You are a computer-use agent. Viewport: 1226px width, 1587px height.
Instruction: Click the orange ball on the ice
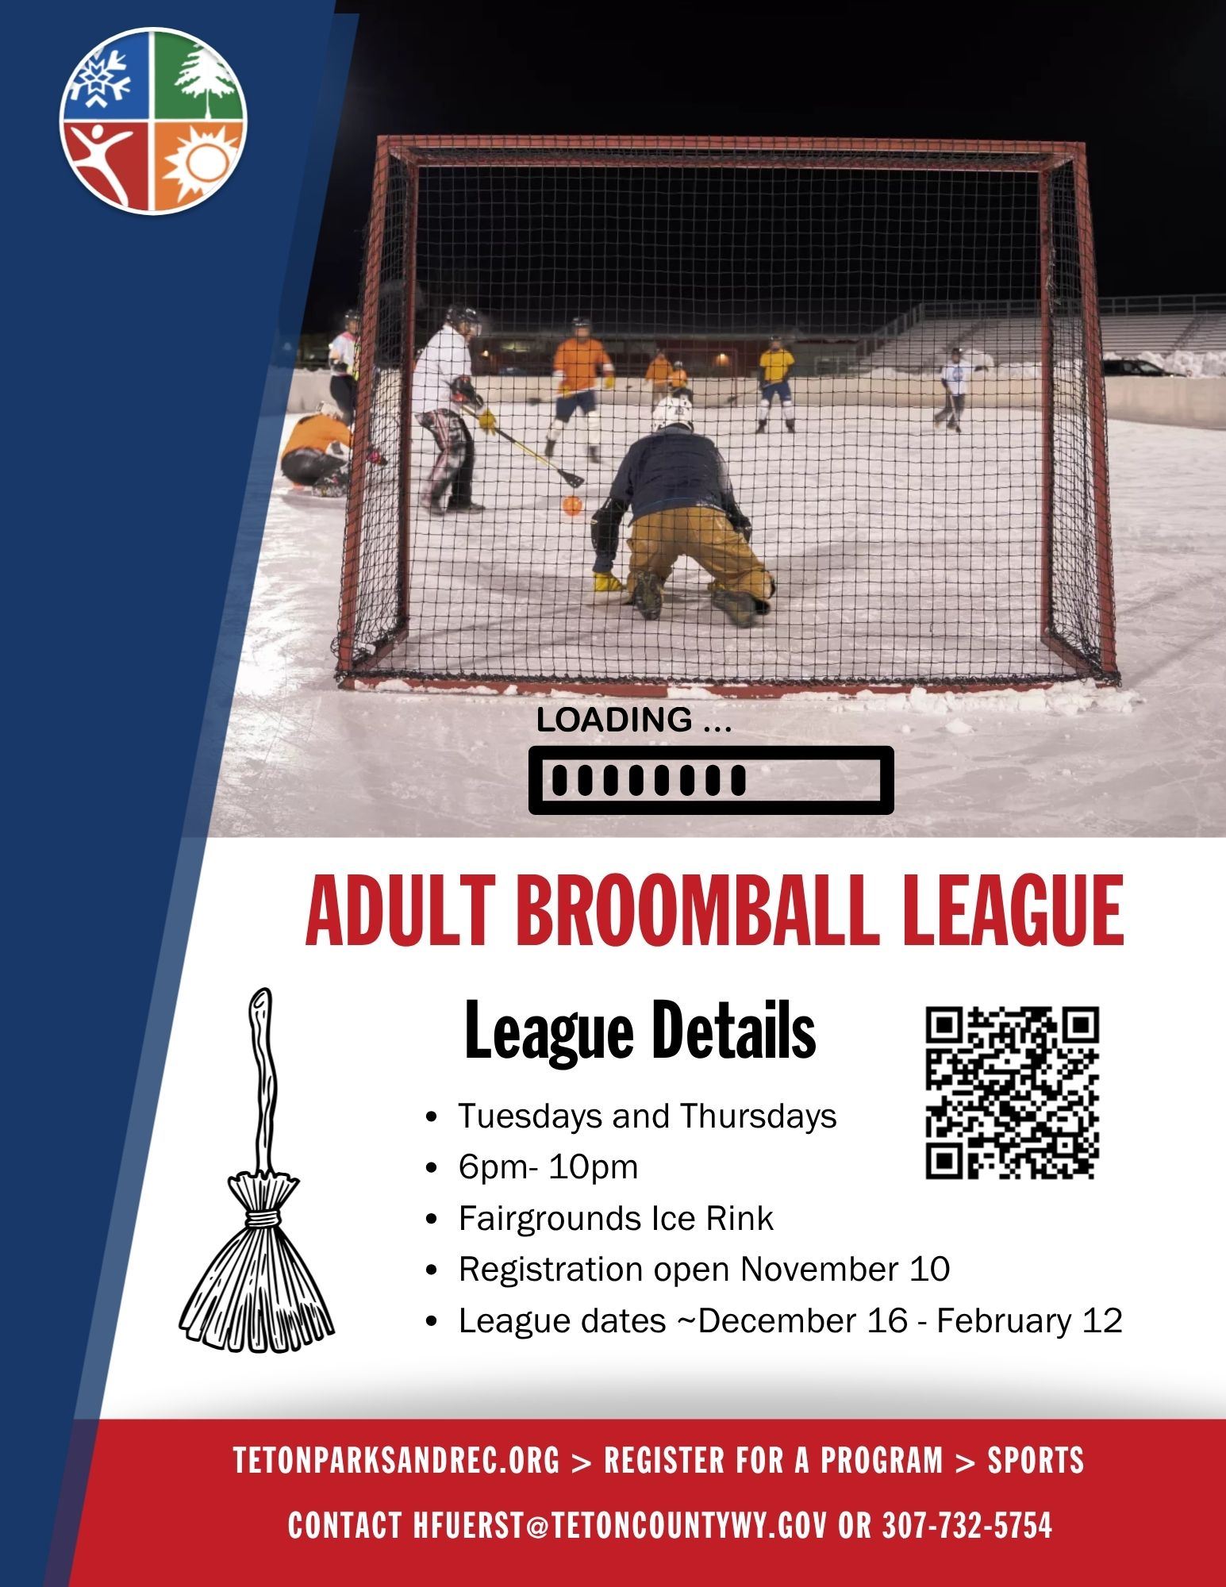(571, 505)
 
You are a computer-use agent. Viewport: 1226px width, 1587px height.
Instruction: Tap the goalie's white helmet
(672, 413)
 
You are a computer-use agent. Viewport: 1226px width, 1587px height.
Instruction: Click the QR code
(1012, 1093)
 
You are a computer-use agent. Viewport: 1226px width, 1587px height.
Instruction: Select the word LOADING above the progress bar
(613, 720)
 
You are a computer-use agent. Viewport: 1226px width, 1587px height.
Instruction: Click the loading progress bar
(711, 780)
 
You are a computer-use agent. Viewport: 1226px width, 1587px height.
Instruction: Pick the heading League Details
(640, 1032)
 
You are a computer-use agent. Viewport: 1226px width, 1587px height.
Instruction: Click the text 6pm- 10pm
(548, 1167)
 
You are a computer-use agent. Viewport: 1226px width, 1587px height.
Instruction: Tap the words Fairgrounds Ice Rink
(615, 1218)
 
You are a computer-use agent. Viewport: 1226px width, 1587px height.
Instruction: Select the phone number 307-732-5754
(967, 1525)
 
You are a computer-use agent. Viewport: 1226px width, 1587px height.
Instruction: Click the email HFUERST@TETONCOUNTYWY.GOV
(620, 1525)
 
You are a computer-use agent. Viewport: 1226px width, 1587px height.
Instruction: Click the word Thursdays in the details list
(758, 1116)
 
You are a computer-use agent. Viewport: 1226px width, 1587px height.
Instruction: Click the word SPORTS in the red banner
(1035, 1460)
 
